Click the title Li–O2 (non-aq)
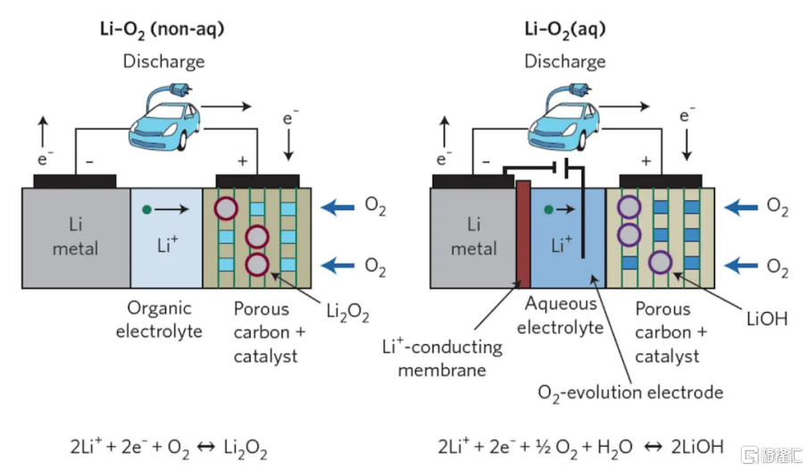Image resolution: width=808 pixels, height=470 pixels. (x=162, y=29)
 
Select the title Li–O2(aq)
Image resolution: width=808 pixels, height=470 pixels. (x=565, y=29)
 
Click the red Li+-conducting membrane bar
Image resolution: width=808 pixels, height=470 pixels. (x=523, y=234)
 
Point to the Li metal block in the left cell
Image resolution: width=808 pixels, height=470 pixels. (x=76, y=238)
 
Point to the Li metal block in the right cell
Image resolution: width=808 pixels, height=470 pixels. (x=473, y=238)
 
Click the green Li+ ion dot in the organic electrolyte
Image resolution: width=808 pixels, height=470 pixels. (x=146, y=209)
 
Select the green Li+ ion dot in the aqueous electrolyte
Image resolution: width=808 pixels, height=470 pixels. (x=548, y=209)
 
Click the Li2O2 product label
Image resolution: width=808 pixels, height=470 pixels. (x=348, y=313)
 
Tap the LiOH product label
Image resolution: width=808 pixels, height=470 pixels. (x=767, y=319)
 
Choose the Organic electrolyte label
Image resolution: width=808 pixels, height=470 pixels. (x=159, y=319)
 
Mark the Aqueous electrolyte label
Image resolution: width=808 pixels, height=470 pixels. (x=560, y=315)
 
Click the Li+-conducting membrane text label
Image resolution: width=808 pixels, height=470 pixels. (x=442, y=358)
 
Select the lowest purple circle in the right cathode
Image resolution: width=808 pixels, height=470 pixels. (x=660, y=262)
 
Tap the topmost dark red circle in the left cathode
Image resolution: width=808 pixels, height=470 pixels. (x=226, y=209)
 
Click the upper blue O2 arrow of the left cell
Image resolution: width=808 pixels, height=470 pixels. (x=338, y=207)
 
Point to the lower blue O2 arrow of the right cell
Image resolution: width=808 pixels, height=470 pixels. (x=741, y=265)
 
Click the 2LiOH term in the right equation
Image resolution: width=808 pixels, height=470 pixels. (x=697, y=447)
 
